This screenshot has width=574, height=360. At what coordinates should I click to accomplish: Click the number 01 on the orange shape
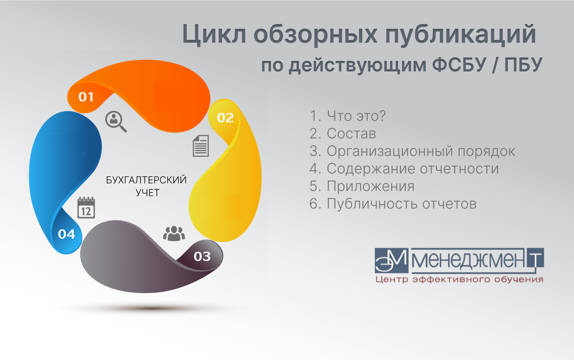[86, 97]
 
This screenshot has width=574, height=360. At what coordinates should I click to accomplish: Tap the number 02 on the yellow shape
[225, 118]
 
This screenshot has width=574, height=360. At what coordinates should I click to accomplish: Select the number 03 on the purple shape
[202, 256]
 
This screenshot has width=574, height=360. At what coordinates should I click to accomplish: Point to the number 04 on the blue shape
[66, 234]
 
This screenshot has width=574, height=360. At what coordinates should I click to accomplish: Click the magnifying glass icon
[116, 121]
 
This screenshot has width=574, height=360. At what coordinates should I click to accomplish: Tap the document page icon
[200, 146]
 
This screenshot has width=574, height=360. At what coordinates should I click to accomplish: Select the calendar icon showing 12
[86, 207]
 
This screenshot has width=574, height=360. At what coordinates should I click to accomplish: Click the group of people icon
[174, 233]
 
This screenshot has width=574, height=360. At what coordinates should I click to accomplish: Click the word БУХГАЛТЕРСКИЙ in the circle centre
[146, 180]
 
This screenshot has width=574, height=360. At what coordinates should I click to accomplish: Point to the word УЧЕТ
[148, 193]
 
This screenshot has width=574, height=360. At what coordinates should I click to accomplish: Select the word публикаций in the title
[461, 35]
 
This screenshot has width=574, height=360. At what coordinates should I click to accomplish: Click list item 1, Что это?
[347, 116]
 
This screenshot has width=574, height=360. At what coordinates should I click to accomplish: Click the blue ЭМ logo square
[392, 261]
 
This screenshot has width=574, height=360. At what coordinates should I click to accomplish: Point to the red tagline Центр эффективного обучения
[460, 279]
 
